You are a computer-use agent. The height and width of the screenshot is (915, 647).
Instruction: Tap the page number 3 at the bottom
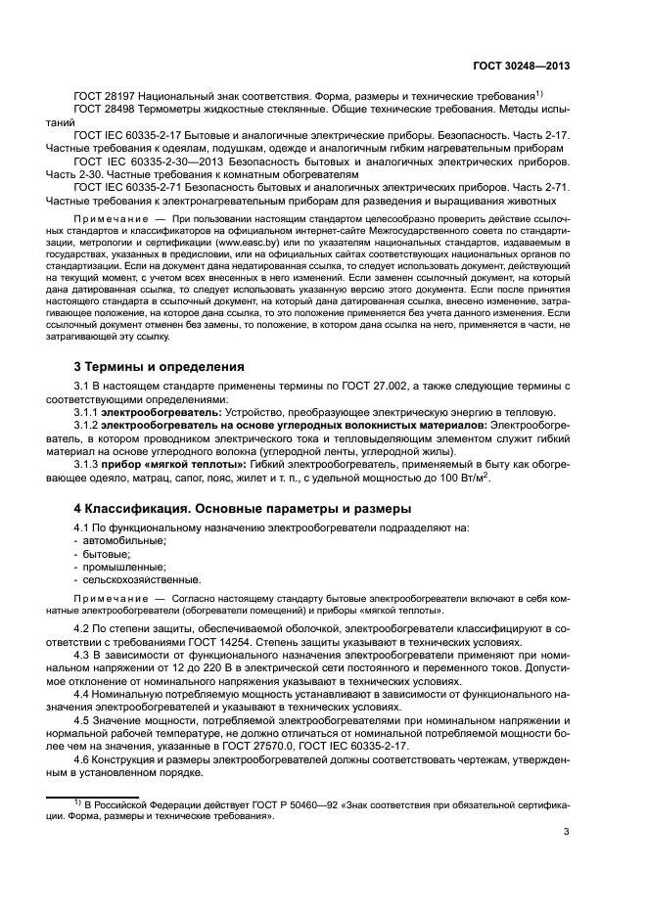[567, 832]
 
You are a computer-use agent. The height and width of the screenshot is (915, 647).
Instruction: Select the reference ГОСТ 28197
[106, 95]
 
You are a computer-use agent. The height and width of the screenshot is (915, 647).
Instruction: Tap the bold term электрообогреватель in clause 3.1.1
[163, 413]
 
